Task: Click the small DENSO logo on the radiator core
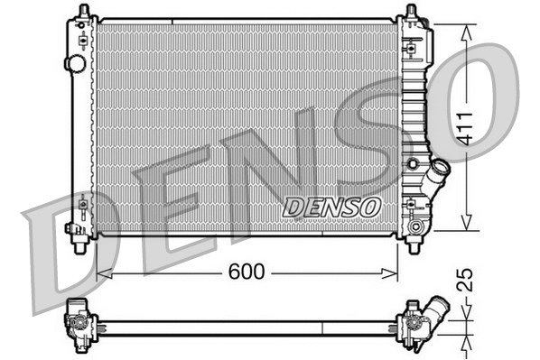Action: (x=331, y=207)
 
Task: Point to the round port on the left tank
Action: (x=76, y=64)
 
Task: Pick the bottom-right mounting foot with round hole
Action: (x=414, y=242)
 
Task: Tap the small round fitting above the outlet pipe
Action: (x=413, y=163)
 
